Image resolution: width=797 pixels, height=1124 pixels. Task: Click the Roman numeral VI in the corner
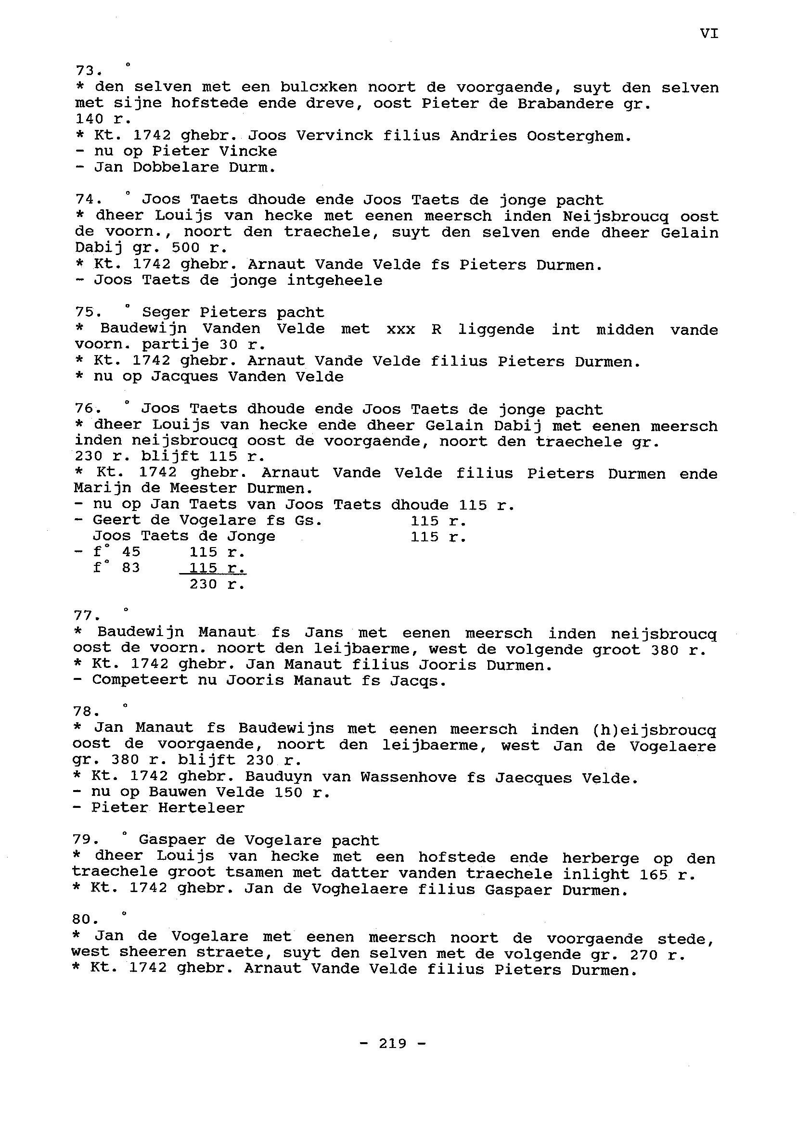pyautogui.click(x=708, y=33)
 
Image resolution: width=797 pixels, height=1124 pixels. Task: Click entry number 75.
pyautogui.click(x=87, y=313)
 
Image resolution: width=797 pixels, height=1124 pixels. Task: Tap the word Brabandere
pyautogui.click(x=565, y=103)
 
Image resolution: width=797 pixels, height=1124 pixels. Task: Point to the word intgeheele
pyautogui.click(x=334, y=281)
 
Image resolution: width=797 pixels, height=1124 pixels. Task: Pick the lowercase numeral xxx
pyautogui.click(x=400, y=329)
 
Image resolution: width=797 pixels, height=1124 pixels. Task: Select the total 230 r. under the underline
pyautogui.click(x=217, y=584)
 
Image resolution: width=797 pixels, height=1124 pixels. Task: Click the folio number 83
pyautogui.click(x=131, y=568)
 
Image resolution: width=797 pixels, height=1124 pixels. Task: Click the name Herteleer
pyautogui.click(x=201, y=807)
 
